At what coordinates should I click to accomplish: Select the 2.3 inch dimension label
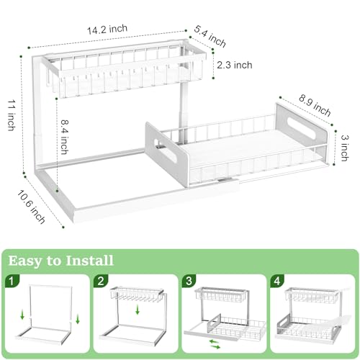tap(235, 65)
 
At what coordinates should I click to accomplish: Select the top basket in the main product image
tap(125, 72)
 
